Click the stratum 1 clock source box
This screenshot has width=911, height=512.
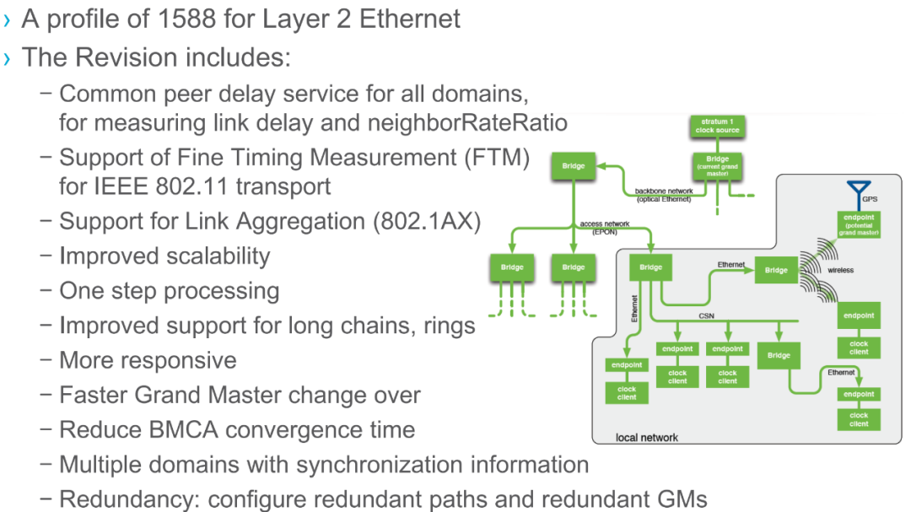(x=717, y=127)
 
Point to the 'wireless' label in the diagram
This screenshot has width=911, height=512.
(x=840, y=270)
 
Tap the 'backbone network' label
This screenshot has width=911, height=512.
(x=664, y=195)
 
